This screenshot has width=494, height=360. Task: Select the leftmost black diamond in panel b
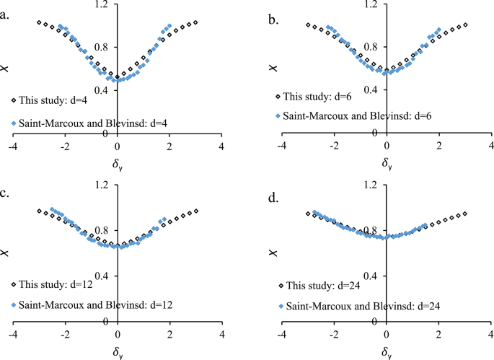[x=308, y=25]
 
